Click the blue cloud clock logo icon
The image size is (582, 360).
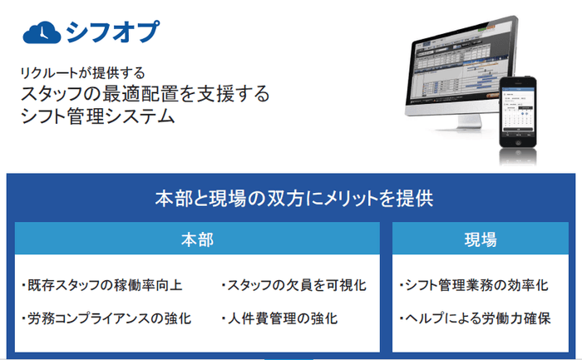40,32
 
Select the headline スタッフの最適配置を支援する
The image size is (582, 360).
145,94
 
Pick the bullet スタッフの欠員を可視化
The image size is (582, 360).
295,285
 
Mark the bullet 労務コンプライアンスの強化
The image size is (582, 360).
107,318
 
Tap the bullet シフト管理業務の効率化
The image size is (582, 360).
475,285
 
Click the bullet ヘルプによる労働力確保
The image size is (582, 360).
475,318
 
